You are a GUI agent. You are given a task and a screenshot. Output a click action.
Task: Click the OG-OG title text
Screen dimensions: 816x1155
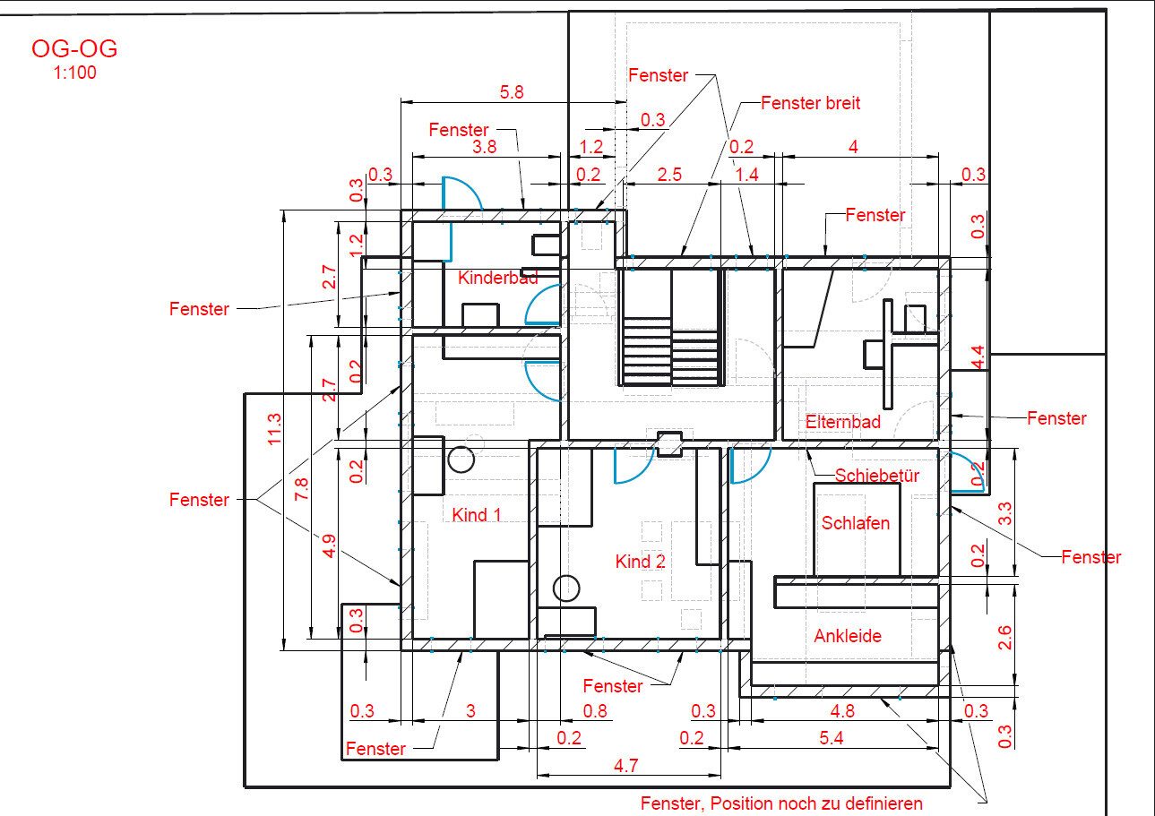pyautogui.click(x=74, y=49)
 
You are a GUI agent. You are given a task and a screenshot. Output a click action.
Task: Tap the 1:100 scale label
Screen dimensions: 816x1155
pyautogui.click(x=75, y=73)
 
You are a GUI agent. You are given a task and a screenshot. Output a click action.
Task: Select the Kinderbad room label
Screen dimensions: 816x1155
pyautogui.click(x=497, y=278)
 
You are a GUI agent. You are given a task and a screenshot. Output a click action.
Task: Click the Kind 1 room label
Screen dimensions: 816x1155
pyautogui.click(x=477, y=514)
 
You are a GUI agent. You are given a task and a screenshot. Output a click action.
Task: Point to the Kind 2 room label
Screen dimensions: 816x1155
pyautogui.click(x=640, y=562)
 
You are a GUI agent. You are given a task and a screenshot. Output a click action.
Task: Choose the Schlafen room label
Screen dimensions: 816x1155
pyautogui.click(x=855, y=523)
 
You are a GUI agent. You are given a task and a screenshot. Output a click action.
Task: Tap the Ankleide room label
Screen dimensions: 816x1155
pyautogui.click(x=848, y=636)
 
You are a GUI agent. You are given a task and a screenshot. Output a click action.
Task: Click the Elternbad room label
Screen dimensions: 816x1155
pyautogui.click(x=842, y=422)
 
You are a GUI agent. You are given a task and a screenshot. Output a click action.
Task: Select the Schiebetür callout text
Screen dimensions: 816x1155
pyautogui.click(x=877, y=476)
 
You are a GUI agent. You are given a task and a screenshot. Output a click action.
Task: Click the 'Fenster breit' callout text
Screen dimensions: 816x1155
pyautogui.click(x=810, y=103)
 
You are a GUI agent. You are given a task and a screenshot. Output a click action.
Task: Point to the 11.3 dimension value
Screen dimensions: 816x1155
pyautogui.click(x=275, y=429)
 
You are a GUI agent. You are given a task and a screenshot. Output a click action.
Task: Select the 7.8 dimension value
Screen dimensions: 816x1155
pyautogui.click(x=301, y=489)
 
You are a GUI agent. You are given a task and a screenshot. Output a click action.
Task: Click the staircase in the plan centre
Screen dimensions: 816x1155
pyautogui.click(x=671, y=330)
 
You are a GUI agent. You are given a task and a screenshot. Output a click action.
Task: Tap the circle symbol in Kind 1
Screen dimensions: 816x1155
pyautogui.click(x=461, y=460)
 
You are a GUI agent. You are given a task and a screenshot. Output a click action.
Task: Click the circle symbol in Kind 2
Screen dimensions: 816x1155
pyautogui.click(x=566, y=588)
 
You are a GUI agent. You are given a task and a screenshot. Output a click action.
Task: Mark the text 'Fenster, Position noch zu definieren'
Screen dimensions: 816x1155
pyautogui.click(x=781, y=803)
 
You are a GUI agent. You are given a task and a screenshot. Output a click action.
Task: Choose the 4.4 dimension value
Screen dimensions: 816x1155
pyautogui.click(x=978, y=356)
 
